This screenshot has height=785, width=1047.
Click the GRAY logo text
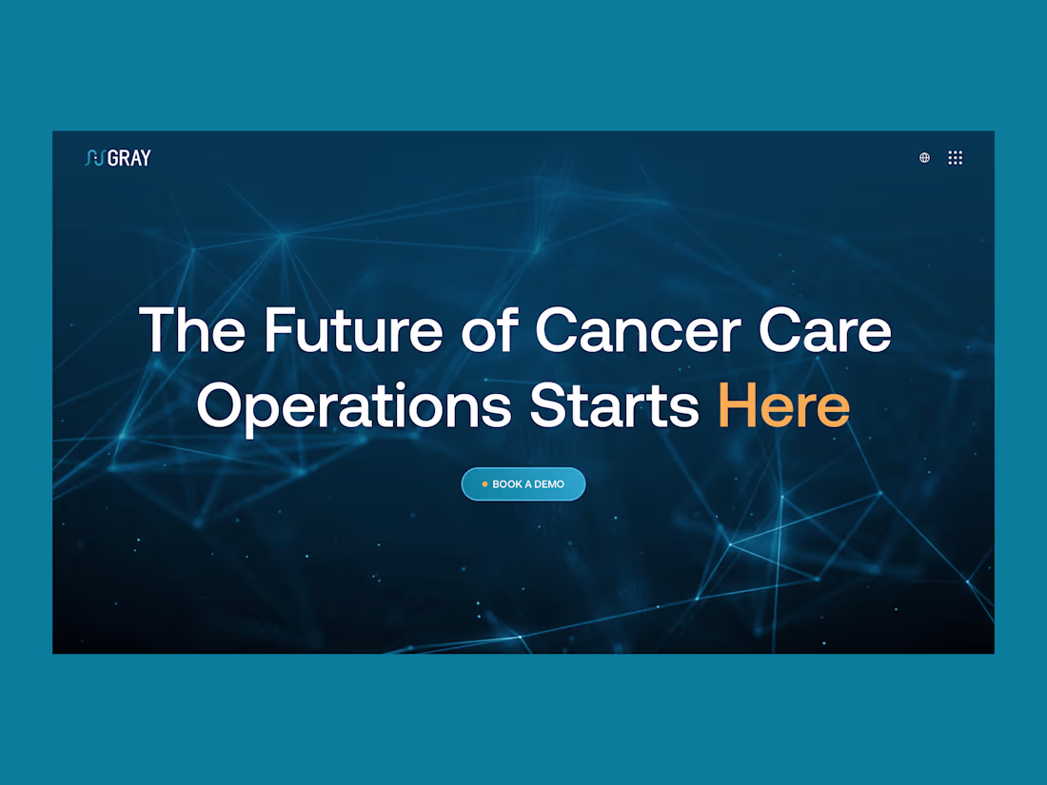tap(129, 158)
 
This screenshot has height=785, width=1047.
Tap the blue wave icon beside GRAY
tap(94, 158)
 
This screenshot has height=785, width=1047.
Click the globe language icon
tap(924, 158)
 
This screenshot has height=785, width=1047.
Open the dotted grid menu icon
tap(956, 158)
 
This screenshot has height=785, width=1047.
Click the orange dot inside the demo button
tap(484, 484)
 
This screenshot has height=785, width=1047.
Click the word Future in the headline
tap(353, 331)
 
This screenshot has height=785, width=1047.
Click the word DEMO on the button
tap(549, 484)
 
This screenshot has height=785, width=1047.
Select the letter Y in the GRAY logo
tap(146, 158)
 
